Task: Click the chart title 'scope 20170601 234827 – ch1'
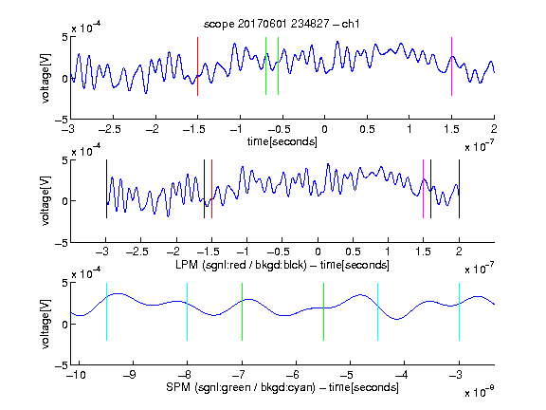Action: [x=282, y=24]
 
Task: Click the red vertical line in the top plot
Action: [x=197, y=66]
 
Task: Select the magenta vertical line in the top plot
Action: [x=451, y=66]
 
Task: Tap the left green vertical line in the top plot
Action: [x=265, y=65]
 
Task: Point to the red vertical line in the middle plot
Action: [x=211, y=189]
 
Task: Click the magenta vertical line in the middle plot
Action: [x=423, y=189]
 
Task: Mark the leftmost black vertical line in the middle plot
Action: [x=106, y=189]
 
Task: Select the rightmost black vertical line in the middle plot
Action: [x=460, y=189]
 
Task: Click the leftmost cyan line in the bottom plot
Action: [x=106, y=311]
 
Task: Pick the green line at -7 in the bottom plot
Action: [x=242, y=311]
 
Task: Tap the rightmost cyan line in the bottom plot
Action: [x=460, y=311]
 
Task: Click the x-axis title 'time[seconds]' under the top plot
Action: [x=282, y=141]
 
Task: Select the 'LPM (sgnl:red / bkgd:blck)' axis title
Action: [x=241, y=265]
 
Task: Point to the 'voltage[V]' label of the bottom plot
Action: [x=45, y=324]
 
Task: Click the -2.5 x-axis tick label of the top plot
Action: [x=110, y=129]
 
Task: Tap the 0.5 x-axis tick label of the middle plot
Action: [x=353, y=252]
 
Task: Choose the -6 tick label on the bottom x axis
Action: [x=295, y=375]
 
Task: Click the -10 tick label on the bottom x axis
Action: [x=75, y=375]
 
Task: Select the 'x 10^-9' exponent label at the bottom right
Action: [x=479, y=391]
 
